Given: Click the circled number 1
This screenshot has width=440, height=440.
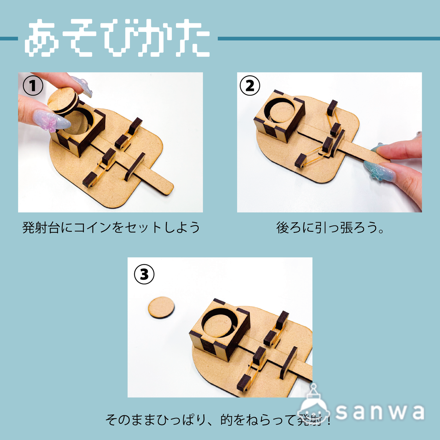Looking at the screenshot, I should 33,86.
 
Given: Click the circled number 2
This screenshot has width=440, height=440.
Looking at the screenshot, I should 250,86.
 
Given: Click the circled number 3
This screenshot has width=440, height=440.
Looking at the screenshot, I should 144,274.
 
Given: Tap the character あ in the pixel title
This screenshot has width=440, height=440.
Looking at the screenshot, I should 43,39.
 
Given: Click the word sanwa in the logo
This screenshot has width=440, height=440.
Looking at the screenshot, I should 379,412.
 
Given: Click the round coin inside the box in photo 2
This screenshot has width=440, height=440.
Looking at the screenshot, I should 282,112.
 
